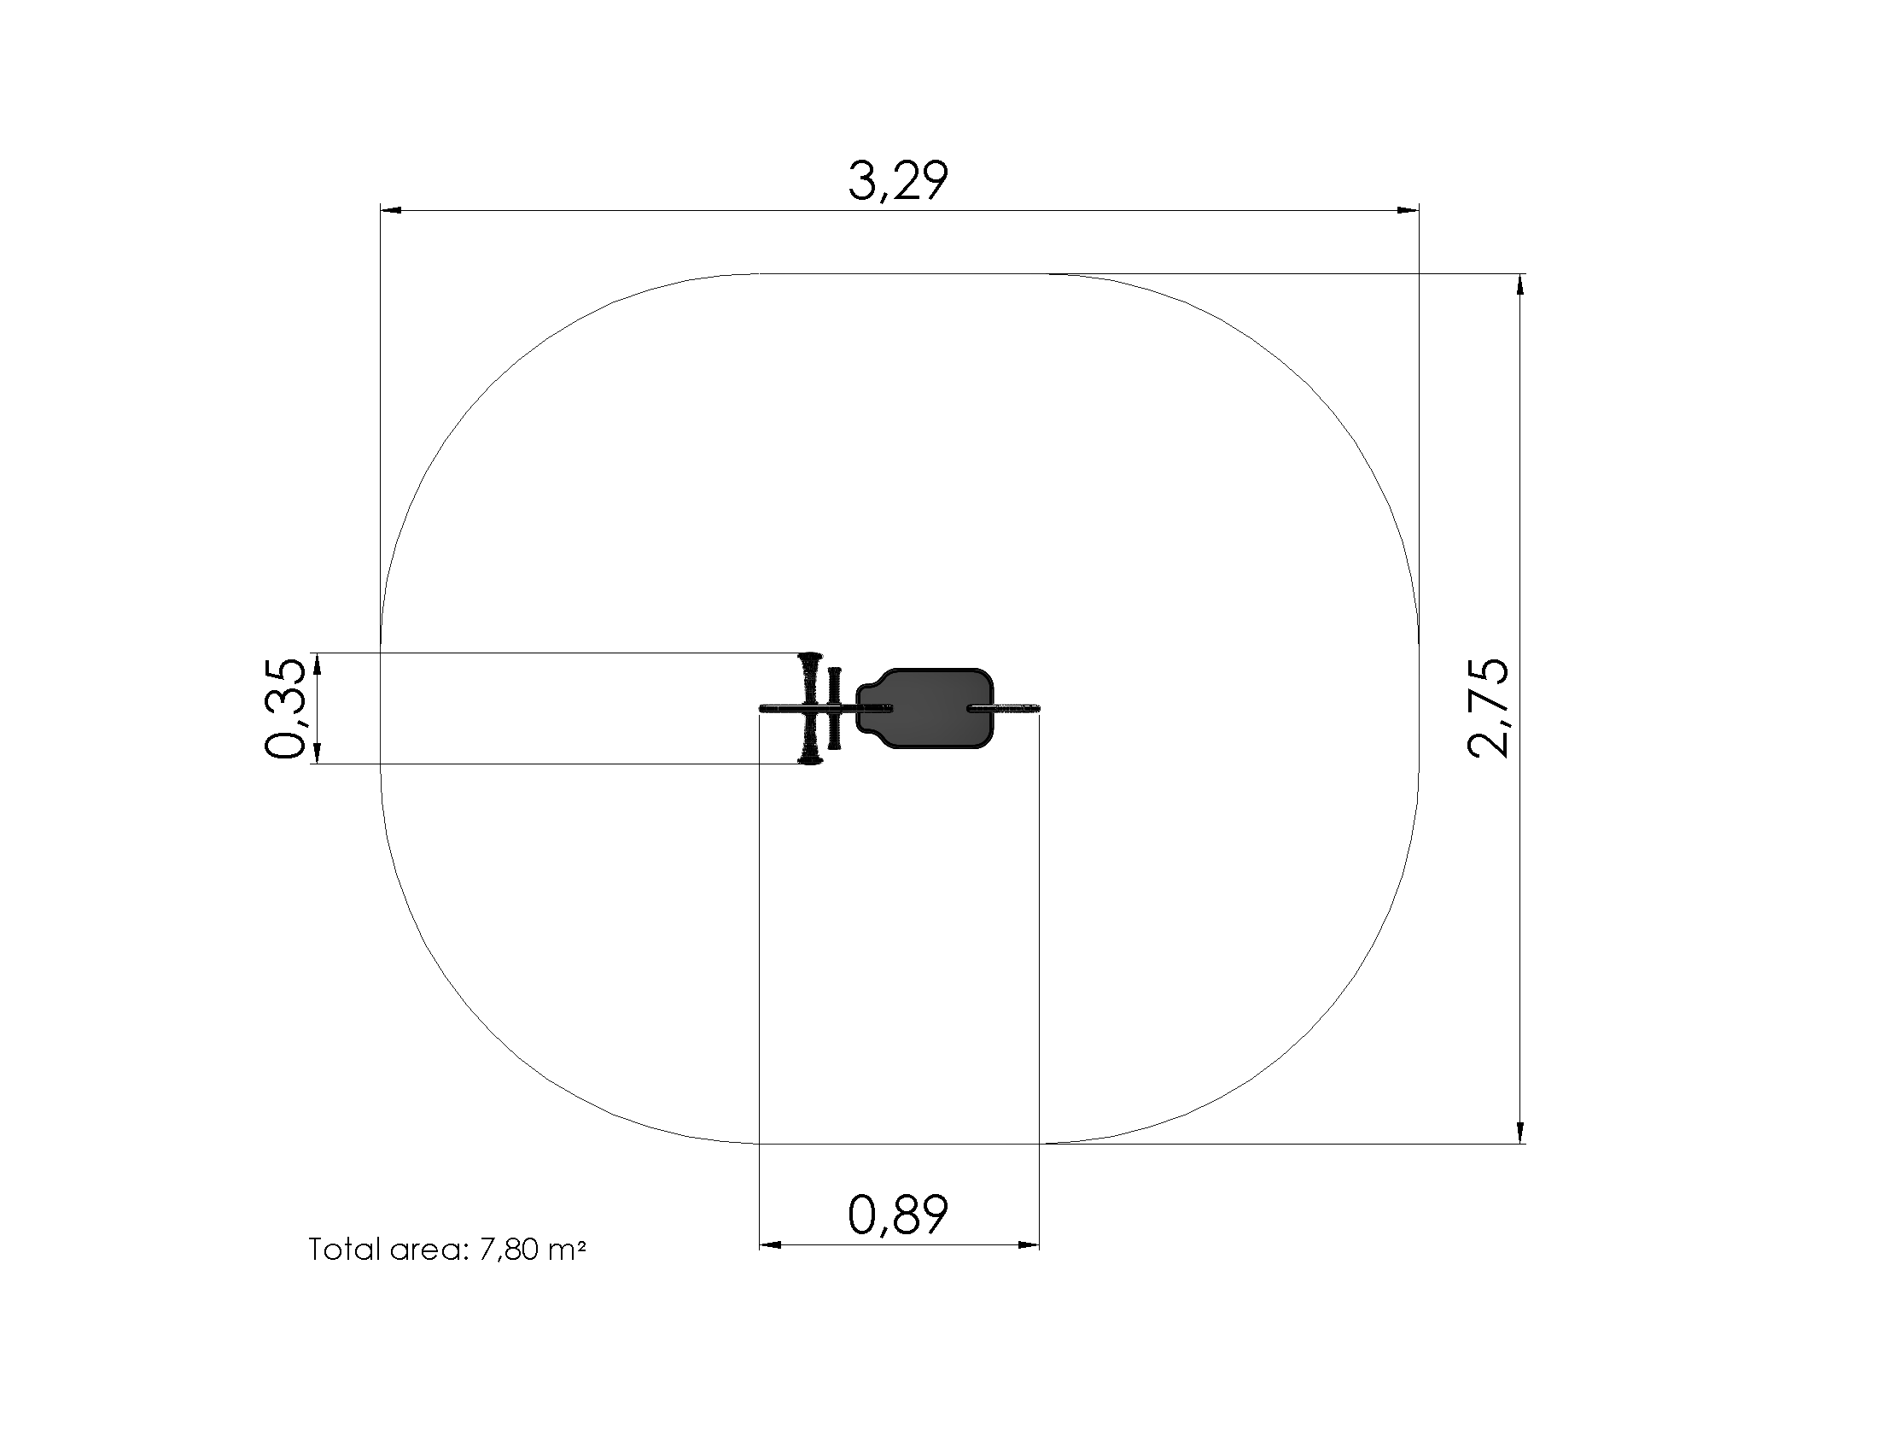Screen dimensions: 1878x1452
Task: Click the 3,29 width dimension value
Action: [898, 180]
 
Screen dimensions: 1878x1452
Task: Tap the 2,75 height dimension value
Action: [1488, 708]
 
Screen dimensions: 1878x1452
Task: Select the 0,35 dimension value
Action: [284, 708]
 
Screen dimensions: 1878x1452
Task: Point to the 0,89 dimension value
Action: [898, 1215]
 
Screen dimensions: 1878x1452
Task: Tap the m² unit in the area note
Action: [567, 1249]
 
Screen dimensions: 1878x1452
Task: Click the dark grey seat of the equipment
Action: [925, 708]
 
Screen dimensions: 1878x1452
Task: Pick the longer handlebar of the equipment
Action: [809, 708]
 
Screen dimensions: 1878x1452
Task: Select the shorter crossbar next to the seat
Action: [834, 708]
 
